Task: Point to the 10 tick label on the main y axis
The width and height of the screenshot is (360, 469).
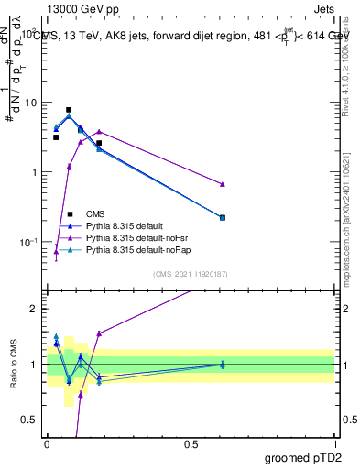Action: coord(31,104)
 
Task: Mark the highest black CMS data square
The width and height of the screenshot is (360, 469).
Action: coord(69,110)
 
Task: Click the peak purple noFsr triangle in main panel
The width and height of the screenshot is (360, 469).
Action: coord(99,131)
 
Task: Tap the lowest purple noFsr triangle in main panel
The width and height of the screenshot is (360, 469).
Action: coord(56,251)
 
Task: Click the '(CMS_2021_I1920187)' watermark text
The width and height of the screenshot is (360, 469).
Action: coord(191,272)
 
